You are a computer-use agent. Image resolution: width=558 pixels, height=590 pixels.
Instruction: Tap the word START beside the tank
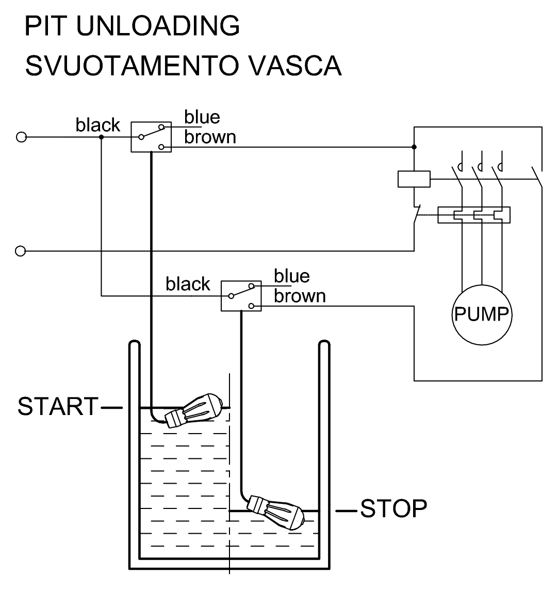pos(58,406)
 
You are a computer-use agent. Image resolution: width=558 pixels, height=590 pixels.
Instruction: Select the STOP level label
pos(393,508)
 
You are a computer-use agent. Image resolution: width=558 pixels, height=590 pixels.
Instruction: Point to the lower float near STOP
pos(276,511)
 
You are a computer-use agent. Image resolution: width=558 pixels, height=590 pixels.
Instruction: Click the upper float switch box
pos(150,137)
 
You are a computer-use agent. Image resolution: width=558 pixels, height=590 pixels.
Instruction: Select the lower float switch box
pos(241,296)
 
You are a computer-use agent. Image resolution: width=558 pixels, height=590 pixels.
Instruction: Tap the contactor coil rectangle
pos(414,179)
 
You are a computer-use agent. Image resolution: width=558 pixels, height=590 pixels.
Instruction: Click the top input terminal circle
pos(21,137)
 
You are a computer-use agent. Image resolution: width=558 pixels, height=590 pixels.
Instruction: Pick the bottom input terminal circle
pos(21,251)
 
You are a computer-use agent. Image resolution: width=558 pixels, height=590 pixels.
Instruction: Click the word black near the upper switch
pos(97,125)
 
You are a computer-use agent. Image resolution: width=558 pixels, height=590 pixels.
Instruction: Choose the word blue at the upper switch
pos(202,118)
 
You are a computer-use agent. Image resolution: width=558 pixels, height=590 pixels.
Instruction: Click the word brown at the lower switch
pos(300,296)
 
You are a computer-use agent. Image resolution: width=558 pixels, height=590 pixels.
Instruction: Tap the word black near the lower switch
pos(188,284)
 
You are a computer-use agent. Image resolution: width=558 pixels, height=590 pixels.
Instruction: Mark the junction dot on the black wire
pos(101,137)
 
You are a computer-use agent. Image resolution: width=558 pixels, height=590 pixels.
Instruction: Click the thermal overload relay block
pos(473,215)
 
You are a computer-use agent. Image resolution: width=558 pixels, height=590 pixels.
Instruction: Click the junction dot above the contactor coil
pos(414,147)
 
